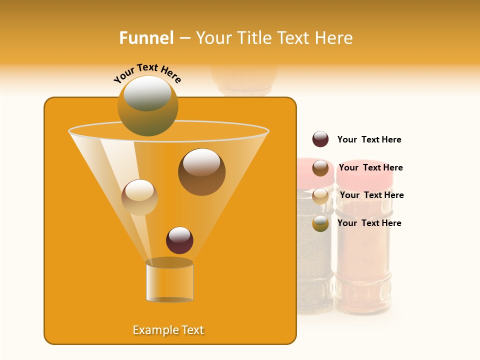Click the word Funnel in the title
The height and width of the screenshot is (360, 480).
click(x=146, y=38)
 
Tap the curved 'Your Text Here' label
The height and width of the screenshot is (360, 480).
click(x=147, y=73)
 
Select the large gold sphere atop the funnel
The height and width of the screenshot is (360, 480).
click(x=147, y=105)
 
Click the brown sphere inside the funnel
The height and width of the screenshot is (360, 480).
click(x=201, y=171)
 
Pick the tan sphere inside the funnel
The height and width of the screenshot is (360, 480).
click(x=139, y=197)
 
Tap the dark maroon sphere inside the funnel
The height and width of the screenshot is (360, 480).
click(x=179, y=240)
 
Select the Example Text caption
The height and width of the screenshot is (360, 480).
click(x=168, y=330)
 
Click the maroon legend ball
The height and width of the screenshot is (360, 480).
click(x=320, y=139)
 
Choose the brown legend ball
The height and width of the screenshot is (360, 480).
click(x=320, y=167)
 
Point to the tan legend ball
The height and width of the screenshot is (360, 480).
click(x=320, y=195)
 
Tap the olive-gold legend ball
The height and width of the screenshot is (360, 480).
click(x=320, y=223)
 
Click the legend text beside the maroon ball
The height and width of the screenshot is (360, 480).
click(x=369, y=140)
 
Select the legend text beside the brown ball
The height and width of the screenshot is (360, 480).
click(x=370, y=167)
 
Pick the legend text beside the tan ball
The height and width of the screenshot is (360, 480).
click(x=371, y=195)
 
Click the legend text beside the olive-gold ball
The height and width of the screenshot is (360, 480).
click(x=369, y=223)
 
